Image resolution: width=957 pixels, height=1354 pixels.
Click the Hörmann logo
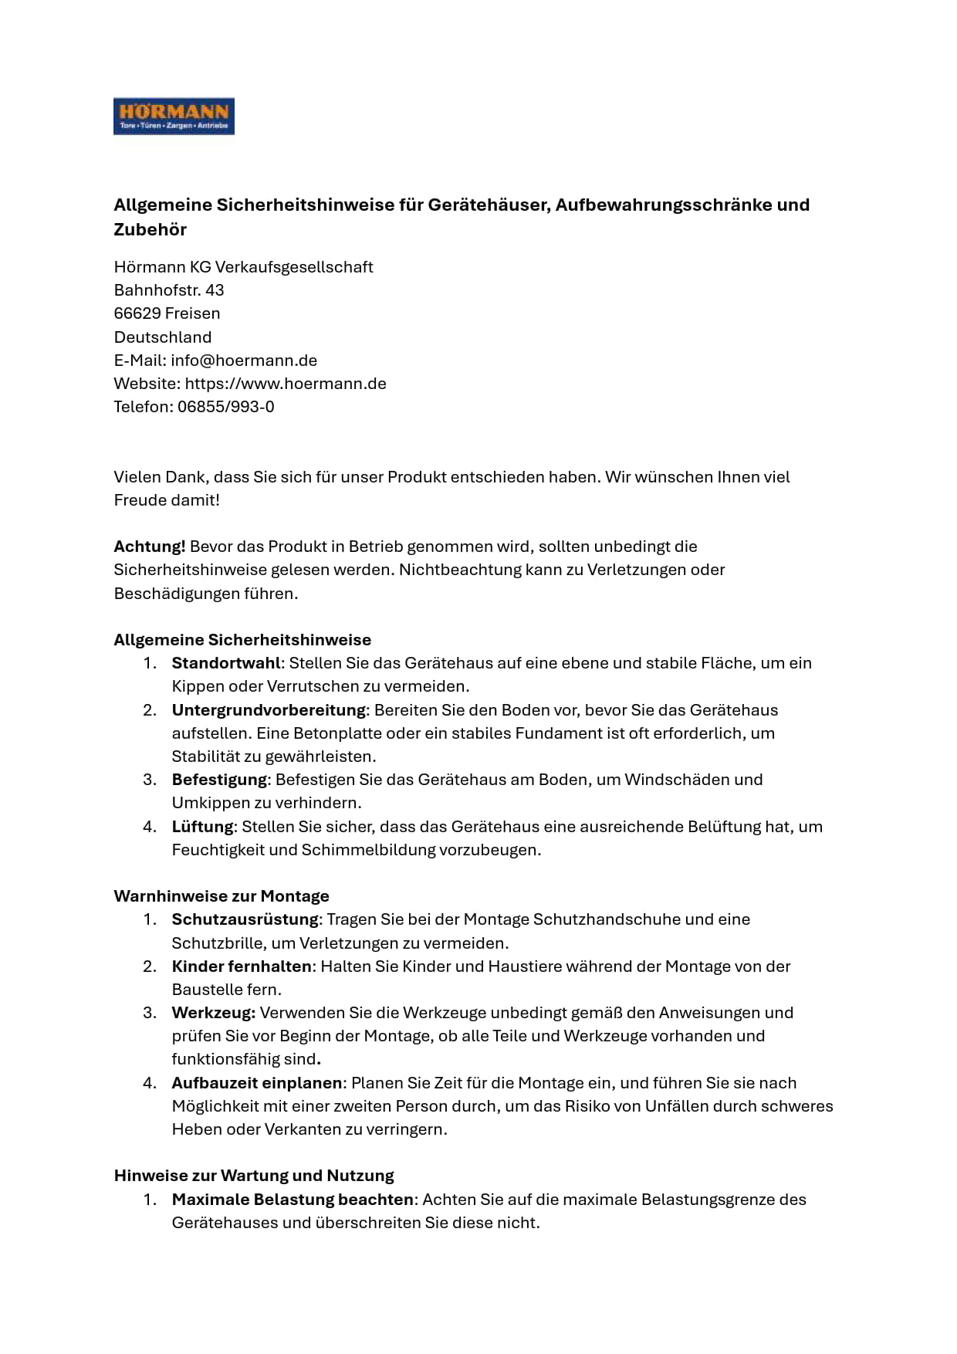(x=174, y=117)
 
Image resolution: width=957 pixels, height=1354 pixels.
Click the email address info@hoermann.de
(x=244, y=361)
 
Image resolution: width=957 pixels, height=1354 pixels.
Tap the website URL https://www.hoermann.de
(x=286, y=384)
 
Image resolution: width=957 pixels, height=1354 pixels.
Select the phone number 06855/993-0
(x=225, y=407)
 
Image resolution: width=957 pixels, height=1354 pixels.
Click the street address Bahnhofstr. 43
(x=169, y=290)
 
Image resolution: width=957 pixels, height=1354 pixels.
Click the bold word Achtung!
(x=150, y=547)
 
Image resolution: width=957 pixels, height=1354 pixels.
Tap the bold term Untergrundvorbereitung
(x=269, y=710)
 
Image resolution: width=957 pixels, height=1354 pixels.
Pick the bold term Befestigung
(x=219, y=780)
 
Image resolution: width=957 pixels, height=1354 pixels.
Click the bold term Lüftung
(x=202, y=827)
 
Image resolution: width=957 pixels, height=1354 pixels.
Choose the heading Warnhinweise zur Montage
(x=221, y=896)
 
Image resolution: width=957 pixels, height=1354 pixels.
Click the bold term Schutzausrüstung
(x=245, y=919)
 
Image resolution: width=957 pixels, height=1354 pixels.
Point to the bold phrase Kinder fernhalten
(x=242, y=966)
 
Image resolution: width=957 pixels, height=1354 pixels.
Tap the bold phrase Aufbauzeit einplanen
(x=257, y=1083)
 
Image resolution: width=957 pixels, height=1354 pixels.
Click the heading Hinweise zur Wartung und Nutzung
(x=254, y=1176)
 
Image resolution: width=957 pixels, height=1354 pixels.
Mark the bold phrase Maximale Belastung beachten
(x=293, y=1200)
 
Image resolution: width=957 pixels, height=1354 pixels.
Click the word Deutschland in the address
(x=163, y=337)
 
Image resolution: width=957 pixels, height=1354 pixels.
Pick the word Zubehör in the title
(x=150, y=229)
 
